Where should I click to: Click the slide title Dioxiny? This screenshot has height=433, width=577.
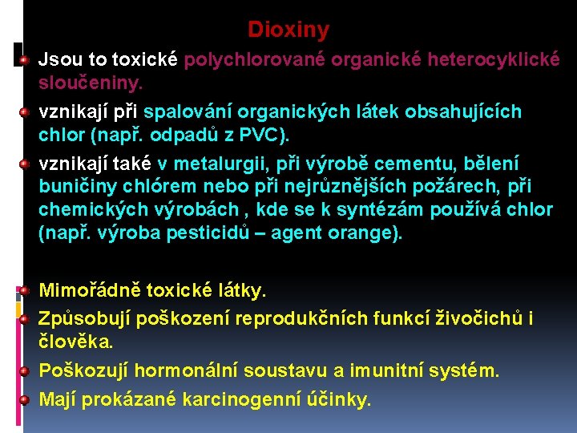coord(288,30)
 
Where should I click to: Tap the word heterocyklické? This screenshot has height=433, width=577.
coord(494,59)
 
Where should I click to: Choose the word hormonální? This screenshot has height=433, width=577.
coord(192,370)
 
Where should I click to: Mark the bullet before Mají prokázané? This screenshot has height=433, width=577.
coord(26,399)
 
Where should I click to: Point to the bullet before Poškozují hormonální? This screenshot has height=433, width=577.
coord(26,370)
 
